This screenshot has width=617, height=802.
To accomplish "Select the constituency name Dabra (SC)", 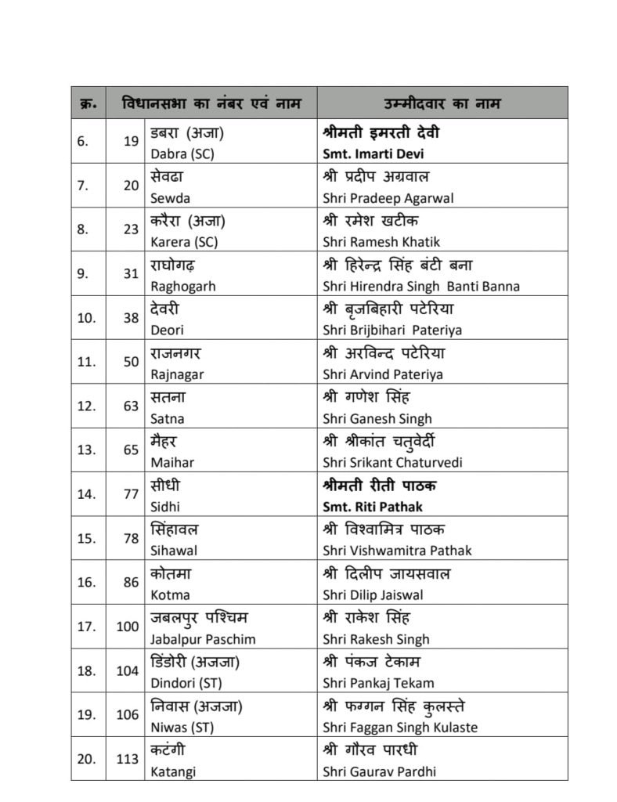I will pyautogui.click(x=182, y=154).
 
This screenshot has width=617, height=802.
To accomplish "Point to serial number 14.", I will pyautogui.click(x=86, y=494).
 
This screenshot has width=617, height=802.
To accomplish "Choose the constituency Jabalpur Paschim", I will pyautogui.click(x=203, y=639).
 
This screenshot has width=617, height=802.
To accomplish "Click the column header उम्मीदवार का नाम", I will pyautogui.click(x=442, y=103).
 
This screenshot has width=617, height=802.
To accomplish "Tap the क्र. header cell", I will pyautogui.click(x=88, y=103).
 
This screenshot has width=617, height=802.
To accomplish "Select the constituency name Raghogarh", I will pyautogui.click(x=182, y=287).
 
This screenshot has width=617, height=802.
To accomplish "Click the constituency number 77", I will pyautogui.click(x=130, y=494).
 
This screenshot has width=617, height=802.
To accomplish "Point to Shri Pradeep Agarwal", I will pyautogui.click(x=388, y=198).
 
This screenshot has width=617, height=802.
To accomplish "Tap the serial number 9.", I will pyautogui.click(x=86, y=274).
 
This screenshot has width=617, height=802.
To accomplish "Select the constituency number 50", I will pyautogui.click(x=130, y=362).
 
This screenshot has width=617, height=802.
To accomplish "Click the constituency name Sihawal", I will pyautogui.click(x=174, y=551).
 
